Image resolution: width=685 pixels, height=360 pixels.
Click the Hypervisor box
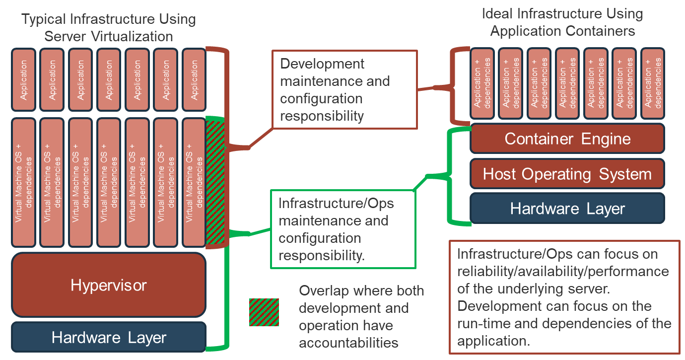[x=108, y=285]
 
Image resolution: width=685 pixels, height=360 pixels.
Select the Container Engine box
[x=567, y=139]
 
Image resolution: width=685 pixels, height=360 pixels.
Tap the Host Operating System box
[x=567, y=174]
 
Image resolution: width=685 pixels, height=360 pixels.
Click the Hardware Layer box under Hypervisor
[x=108, y=338]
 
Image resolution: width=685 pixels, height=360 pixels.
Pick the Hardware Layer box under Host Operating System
[x=567, y=209]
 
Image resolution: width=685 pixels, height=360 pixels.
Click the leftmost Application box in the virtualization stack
[x=24, y=79]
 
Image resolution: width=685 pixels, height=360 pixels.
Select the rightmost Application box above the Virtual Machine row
[x=194, y=79]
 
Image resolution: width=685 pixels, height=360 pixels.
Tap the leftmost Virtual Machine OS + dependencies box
[x=24, y=182]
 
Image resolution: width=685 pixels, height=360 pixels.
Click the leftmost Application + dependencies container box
[x=482, y=83]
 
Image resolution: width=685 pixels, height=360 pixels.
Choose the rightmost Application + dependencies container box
[x=652, y=83]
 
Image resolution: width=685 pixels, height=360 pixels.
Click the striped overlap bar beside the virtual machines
[x=215, y=182]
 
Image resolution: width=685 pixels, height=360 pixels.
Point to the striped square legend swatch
[x=264, y=312]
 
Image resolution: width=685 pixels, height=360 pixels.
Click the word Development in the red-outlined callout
[x=322, y=64]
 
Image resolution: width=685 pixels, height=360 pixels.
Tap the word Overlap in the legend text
[x=322, y=290]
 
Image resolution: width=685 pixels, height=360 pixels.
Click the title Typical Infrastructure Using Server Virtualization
[x=109, y=28]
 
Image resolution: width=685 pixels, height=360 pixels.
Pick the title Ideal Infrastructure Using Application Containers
[x=562, y=22]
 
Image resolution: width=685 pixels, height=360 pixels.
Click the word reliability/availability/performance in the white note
[x=563, y=272]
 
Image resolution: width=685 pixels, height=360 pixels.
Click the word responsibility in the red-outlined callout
[x=322, y=116]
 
